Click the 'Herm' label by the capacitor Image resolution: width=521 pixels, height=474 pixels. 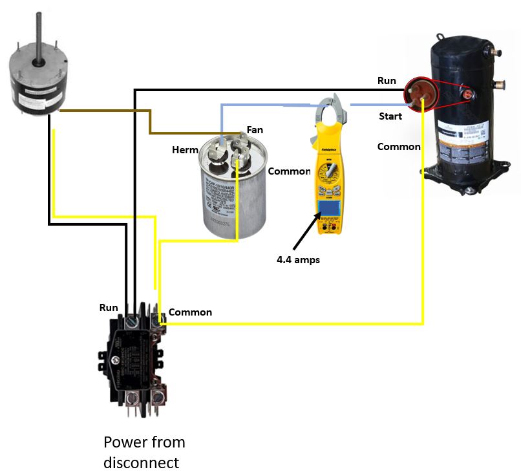pos(185,150)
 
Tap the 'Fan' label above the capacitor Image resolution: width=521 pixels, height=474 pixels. pos(255,130)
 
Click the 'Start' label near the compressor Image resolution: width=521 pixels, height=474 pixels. pos(390,116)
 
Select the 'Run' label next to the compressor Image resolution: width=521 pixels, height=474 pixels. pos(387,81)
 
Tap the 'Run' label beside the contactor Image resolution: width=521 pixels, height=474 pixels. pos(109,308)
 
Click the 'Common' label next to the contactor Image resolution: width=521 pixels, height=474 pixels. pos(190,312)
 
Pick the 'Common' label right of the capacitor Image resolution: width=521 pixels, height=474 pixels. pos(289,171)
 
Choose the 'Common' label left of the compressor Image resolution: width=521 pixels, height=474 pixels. pos(399,147)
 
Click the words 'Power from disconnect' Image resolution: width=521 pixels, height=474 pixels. pos(144,453)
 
